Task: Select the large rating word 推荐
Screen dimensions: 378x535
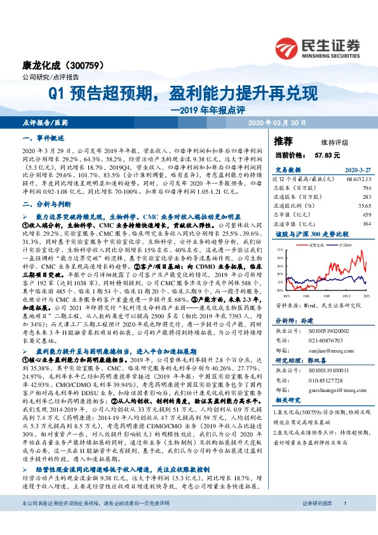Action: pos(283,140)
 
